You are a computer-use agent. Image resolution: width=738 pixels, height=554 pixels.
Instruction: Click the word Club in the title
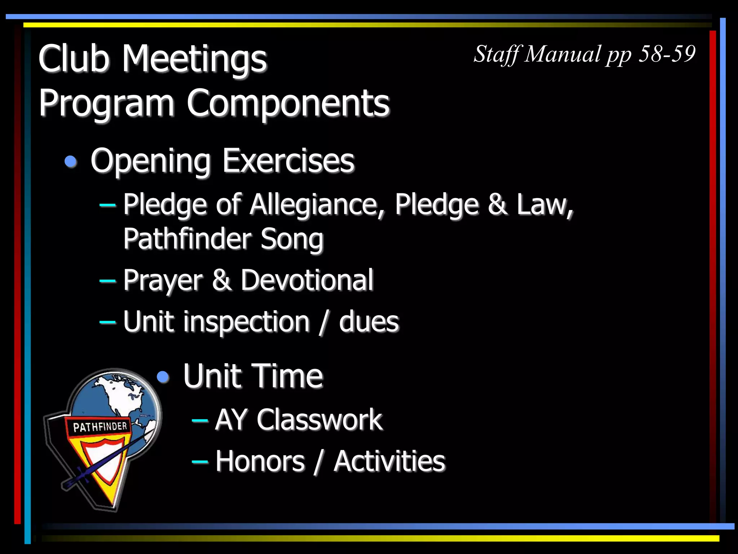pyautogui.click(x=74, y=58)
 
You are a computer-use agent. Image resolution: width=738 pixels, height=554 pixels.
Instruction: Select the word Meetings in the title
pyautogui.click(x=195, y=60)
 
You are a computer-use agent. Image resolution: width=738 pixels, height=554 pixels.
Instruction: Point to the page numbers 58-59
pyautogui.click(x=667, y=54)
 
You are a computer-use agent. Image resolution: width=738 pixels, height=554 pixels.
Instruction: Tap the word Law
pyautogui.click(x=544, y=204)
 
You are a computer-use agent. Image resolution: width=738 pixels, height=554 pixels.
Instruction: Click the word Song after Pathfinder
pyautogui.click(x=292, y=239)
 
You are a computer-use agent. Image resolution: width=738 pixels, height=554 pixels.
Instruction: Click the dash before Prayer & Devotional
pyautogui.click(x=107, y=281)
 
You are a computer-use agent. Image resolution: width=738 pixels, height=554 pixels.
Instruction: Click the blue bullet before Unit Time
pyautogui.click(x=163, y=377)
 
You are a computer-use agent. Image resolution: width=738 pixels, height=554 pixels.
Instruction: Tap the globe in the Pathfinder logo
pyautogui.click(x=119, y=397)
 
